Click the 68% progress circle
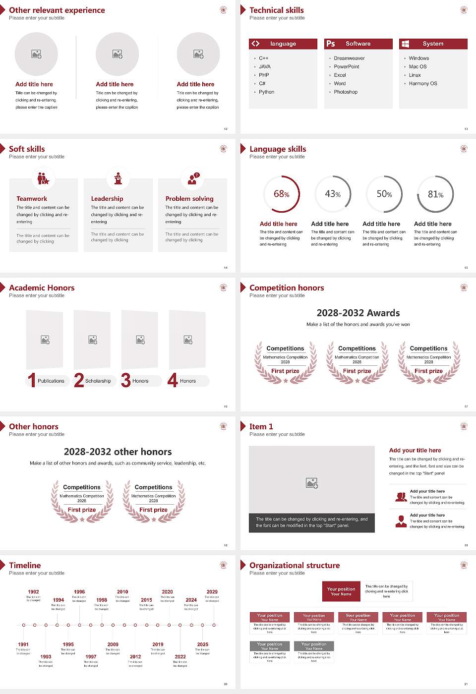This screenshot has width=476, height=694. (281, 194)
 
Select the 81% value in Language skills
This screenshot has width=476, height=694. (435, 194)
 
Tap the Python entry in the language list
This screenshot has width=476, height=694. (266, 92)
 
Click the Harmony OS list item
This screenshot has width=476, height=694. (423, 83)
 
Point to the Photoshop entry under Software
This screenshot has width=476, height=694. (346, 92)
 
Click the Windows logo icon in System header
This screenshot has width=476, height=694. (405, 44)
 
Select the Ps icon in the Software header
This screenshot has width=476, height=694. (331, 44)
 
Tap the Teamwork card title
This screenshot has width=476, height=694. (32, 198)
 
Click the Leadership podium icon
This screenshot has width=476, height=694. (118, 178)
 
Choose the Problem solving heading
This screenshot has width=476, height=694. (189, 198)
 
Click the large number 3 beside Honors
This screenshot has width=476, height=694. (126, 380)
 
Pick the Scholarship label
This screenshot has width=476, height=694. (98, 381)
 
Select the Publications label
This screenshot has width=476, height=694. (51, 381)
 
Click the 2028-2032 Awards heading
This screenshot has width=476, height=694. (358, 313)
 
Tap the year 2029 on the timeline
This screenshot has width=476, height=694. (212, 591)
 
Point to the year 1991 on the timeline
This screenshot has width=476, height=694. (23, 644)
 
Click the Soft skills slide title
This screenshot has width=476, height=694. (27, 149)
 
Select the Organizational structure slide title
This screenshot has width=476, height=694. (295, 565)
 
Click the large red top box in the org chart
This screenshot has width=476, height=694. (341, 591)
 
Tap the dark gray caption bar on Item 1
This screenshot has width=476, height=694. (312, 522)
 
